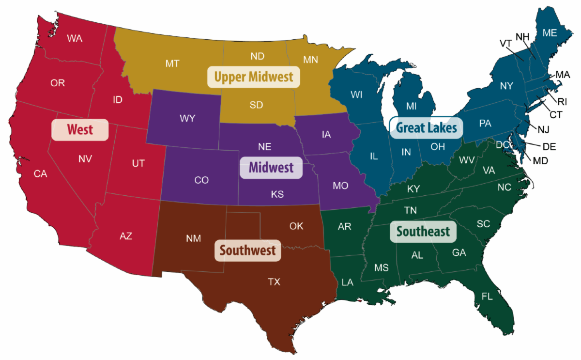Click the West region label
[80, 130]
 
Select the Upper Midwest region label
[253, 77]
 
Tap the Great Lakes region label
[426, 127]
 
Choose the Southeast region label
[423, 232]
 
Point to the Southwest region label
[247, 250]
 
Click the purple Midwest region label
[271, 168]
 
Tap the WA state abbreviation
[75, 38]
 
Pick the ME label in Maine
[550, 33]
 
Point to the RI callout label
[562, 102]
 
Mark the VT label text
[506, 44]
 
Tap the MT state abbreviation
[172, 63]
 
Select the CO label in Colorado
[201, 180]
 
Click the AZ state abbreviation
[126, 236]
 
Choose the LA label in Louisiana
[347, 282]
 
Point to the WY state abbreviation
[187, 119]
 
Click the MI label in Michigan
[412, 106]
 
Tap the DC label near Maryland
[502, 144]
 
